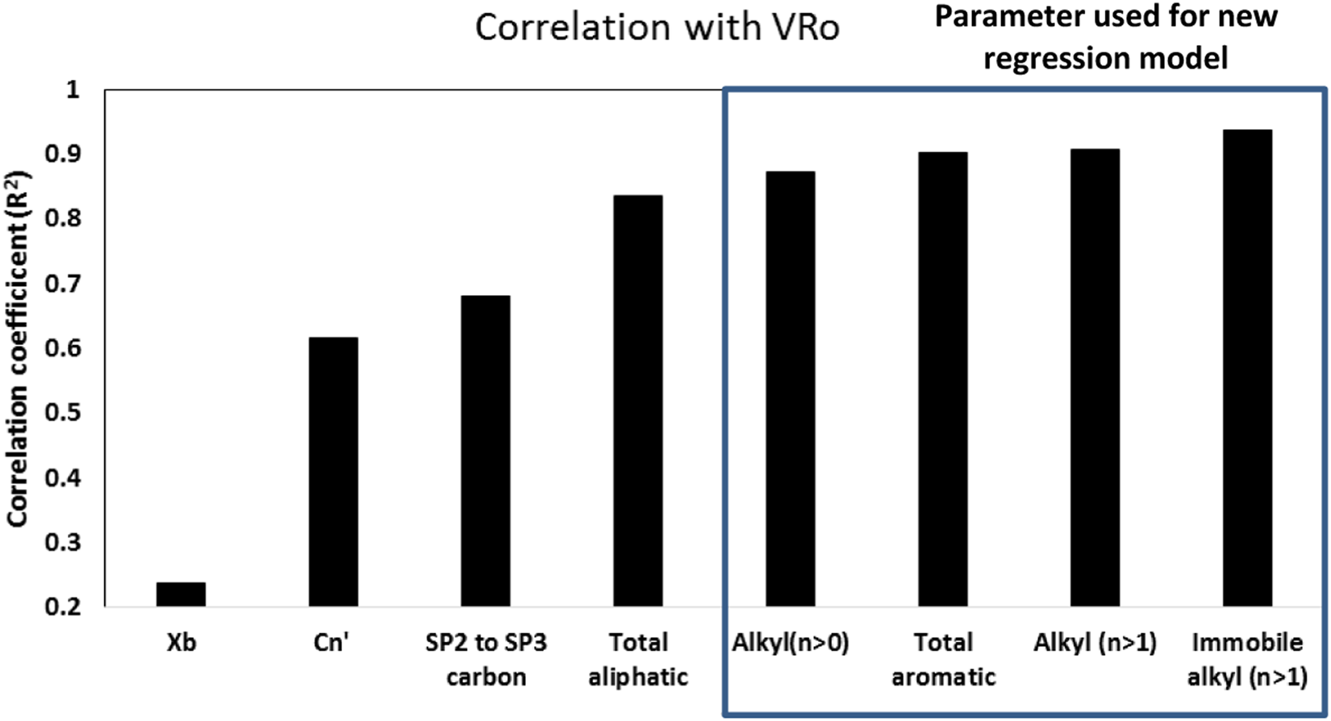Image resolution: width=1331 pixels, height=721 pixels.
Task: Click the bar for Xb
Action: [x=181, y=594]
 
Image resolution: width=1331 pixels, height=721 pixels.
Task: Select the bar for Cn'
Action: [x=333, y=472]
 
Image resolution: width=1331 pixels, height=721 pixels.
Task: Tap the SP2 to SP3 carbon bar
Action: [x=486, y=451]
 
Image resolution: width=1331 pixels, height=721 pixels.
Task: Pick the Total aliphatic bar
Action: [x=638, y=401]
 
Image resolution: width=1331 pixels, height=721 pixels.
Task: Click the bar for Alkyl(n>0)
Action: [x=791, y=389]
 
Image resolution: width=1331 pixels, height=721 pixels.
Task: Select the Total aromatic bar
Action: [x=943, y=379]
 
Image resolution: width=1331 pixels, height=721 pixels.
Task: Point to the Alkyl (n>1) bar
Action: [x=1095, y=377]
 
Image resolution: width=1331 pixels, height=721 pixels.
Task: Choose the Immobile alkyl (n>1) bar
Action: [x=1248, y=368]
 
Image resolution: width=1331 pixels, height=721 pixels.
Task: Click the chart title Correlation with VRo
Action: [x=657, y=27]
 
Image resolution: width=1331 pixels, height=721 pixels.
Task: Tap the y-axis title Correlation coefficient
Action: [x=18, y=349]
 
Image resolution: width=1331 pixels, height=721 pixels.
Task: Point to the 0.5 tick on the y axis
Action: [x=62, y=413]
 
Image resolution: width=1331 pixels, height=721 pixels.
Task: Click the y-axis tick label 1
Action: [x=73, y=90]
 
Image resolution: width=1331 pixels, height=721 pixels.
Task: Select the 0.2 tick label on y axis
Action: [x=62, y=607]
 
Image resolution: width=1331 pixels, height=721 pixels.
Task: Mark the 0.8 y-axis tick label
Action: [x=62, y=219]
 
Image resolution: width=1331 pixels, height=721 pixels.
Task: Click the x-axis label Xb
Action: [x=181, y=644]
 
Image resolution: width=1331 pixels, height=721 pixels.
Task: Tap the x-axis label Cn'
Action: [x=332, y=644]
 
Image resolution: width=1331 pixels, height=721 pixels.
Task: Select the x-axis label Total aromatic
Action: [x=943, y=659]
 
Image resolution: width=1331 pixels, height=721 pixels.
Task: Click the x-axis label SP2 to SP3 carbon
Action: [x=486, y=659]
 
